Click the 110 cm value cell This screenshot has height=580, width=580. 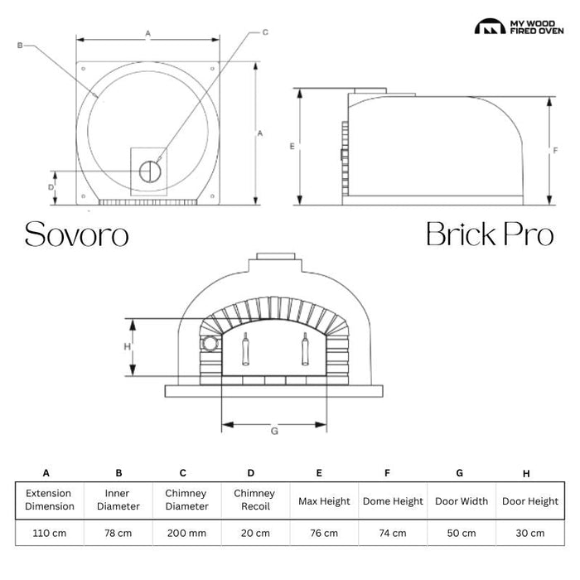(50, 533)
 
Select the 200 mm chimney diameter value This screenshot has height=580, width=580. (186, 533)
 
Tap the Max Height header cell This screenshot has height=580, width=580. (324, 501)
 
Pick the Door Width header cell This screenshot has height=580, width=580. (462, 501)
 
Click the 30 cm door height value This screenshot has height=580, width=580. (530, 533)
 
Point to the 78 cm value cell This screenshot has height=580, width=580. (118, 533)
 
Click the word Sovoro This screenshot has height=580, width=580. (76, 234)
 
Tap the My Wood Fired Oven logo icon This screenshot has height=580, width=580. (490, 27)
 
